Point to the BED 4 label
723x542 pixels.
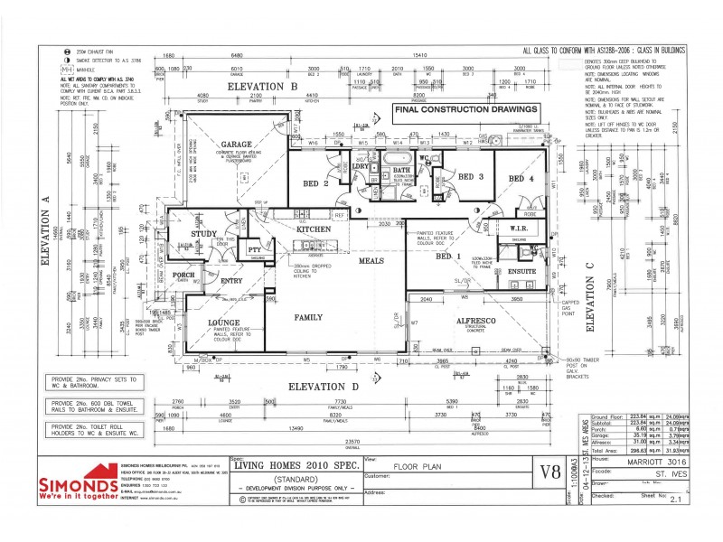pyautogui.click(x=522, y=179)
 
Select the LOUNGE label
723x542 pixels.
pyautogui.click(x=222, y=321)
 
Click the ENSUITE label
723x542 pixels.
pyautogui.click(x=521, y=270)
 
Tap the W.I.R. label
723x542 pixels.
pyautogui.click(x=519, y=229)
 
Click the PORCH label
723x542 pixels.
pyautogui.click(x=184, y=276)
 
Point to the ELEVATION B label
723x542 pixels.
pyautogui.click(x=263, y=86)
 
